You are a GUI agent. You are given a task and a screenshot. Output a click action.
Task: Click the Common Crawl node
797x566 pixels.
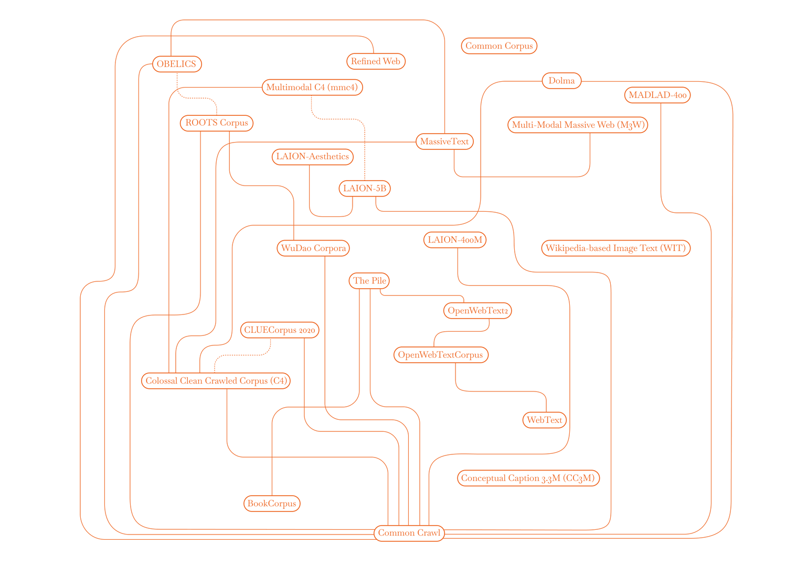[x=409, y=533]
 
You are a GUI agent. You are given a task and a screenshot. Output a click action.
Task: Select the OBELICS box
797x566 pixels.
[x=177, y=64]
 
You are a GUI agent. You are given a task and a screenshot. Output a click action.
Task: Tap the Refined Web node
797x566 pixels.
[x=376, y=61]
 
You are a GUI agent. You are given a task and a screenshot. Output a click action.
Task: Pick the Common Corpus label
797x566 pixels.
[x=499, y=46]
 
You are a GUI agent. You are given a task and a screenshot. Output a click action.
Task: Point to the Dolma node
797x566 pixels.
[x=561, y=81]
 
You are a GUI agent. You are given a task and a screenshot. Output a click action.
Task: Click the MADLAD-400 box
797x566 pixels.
[x=657, y=95]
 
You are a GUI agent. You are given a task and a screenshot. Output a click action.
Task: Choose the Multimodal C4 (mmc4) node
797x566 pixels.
[x=312, y=87]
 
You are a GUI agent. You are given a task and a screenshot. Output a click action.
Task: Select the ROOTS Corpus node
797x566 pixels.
[x=217, y=123]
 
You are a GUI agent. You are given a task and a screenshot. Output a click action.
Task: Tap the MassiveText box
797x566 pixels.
[x=444, y=141]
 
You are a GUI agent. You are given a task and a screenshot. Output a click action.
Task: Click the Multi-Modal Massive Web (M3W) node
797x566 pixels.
[x=578, y=125]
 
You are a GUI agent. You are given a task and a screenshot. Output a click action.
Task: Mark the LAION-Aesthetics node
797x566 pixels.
[x=313, y=157]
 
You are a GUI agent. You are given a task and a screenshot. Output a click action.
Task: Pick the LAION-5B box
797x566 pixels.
[x=365, y=188]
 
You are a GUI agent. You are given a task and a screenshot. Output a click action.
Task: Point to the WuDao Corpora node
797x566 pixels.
[x=313, y=248]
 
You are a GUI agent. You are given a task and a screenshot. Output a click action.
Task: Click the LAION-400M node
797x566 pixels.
[x=455, y=240]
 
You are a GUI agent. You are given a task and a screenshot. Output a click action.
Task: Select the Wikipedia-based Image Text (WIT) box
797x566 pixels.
[x=615, y=248]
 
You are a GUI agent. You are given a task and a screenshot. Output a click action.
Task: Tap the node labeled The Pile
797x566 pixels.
[x=370, y=281]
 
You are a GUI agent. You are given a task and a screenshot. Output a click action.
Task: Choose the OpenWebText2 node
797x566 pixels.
[x=477, y=310]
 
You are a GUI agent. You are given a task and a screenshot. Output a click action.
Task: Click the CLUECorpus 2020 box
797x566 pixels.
[x=280, y=330]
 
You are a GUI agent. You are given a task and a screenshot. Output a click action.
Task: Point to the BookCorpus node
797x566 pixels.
[x=272, y=504]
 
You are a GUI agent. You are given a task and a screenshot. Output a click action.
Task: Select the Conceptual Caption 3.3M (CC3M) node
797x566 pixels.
[x=528, y=478]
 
